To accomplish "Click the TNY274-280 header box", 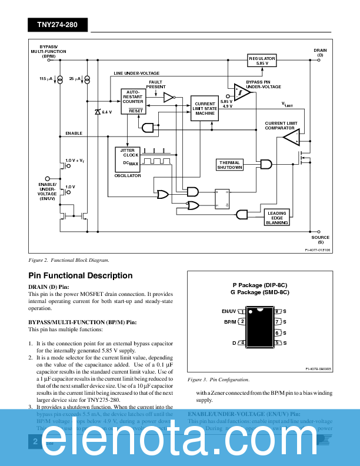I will coord(57,25).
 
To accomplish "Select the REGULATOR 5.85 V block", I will coord(262,61).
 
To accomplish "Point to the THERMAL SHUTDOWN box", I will coord(229,165).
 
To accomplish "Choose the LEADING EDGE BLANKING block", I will coord(277,218).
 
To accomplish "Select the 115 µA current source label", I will coord(46,78).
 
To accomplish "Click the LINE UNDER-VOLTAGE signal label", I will coord(136,74).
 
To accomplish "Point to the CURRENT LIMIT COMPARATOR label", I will coord(281,125).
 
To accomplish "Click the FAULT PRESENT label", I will coord(156,84).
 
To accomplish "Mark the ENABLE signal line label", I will coord(74,134).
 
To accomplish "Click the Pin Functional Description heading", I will coord(81,275).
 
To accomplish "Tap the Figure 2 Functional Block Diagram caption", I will coord(69,260).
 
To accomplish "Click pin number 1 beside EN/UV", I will coord(242,311).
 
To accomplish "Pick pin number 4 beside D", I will coord(242,342).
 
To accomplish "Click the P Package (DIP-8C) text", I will coord(259,285).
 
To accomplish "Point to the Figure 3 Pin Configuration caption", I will coord(218,380).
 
